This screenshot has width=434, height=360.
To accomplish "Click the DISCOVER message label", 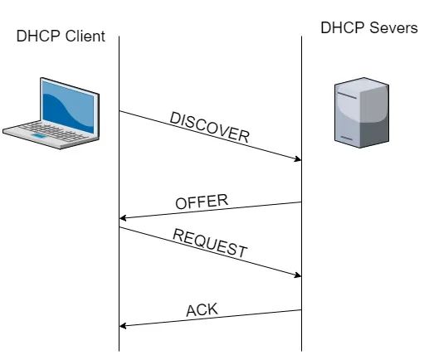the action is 209,127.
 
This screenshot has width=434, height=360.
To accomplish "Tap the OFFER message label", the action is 202,202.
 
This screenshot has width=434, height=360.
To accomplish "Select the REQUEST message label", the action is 210,243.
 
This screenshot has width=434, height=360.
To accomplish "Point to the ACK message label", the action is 202,309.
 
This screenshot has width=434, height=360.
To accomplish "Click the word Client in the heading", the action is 85,36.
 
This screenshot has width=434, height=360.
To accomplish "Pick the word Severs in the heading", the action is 393,27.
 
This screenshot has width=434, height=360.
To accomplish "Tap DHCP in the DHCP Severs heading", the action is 343,27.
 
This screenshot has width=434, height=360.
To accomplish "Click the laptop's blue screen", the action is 68,106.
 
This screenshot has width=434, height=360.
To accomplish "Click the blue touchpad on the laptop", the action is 38,135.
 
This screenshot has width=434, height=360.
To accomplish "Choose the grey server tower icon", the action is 362,112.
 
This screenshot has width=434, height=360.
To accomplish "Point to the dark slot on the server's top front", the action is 347,95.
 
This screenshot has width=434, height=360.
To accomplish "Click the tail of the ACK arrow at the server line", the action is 301,310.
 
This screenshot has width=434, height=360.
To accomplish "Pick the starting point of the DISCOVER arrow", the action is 119,111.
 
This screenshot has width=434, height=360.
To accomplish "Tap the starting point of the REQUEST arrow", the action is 119,227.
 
